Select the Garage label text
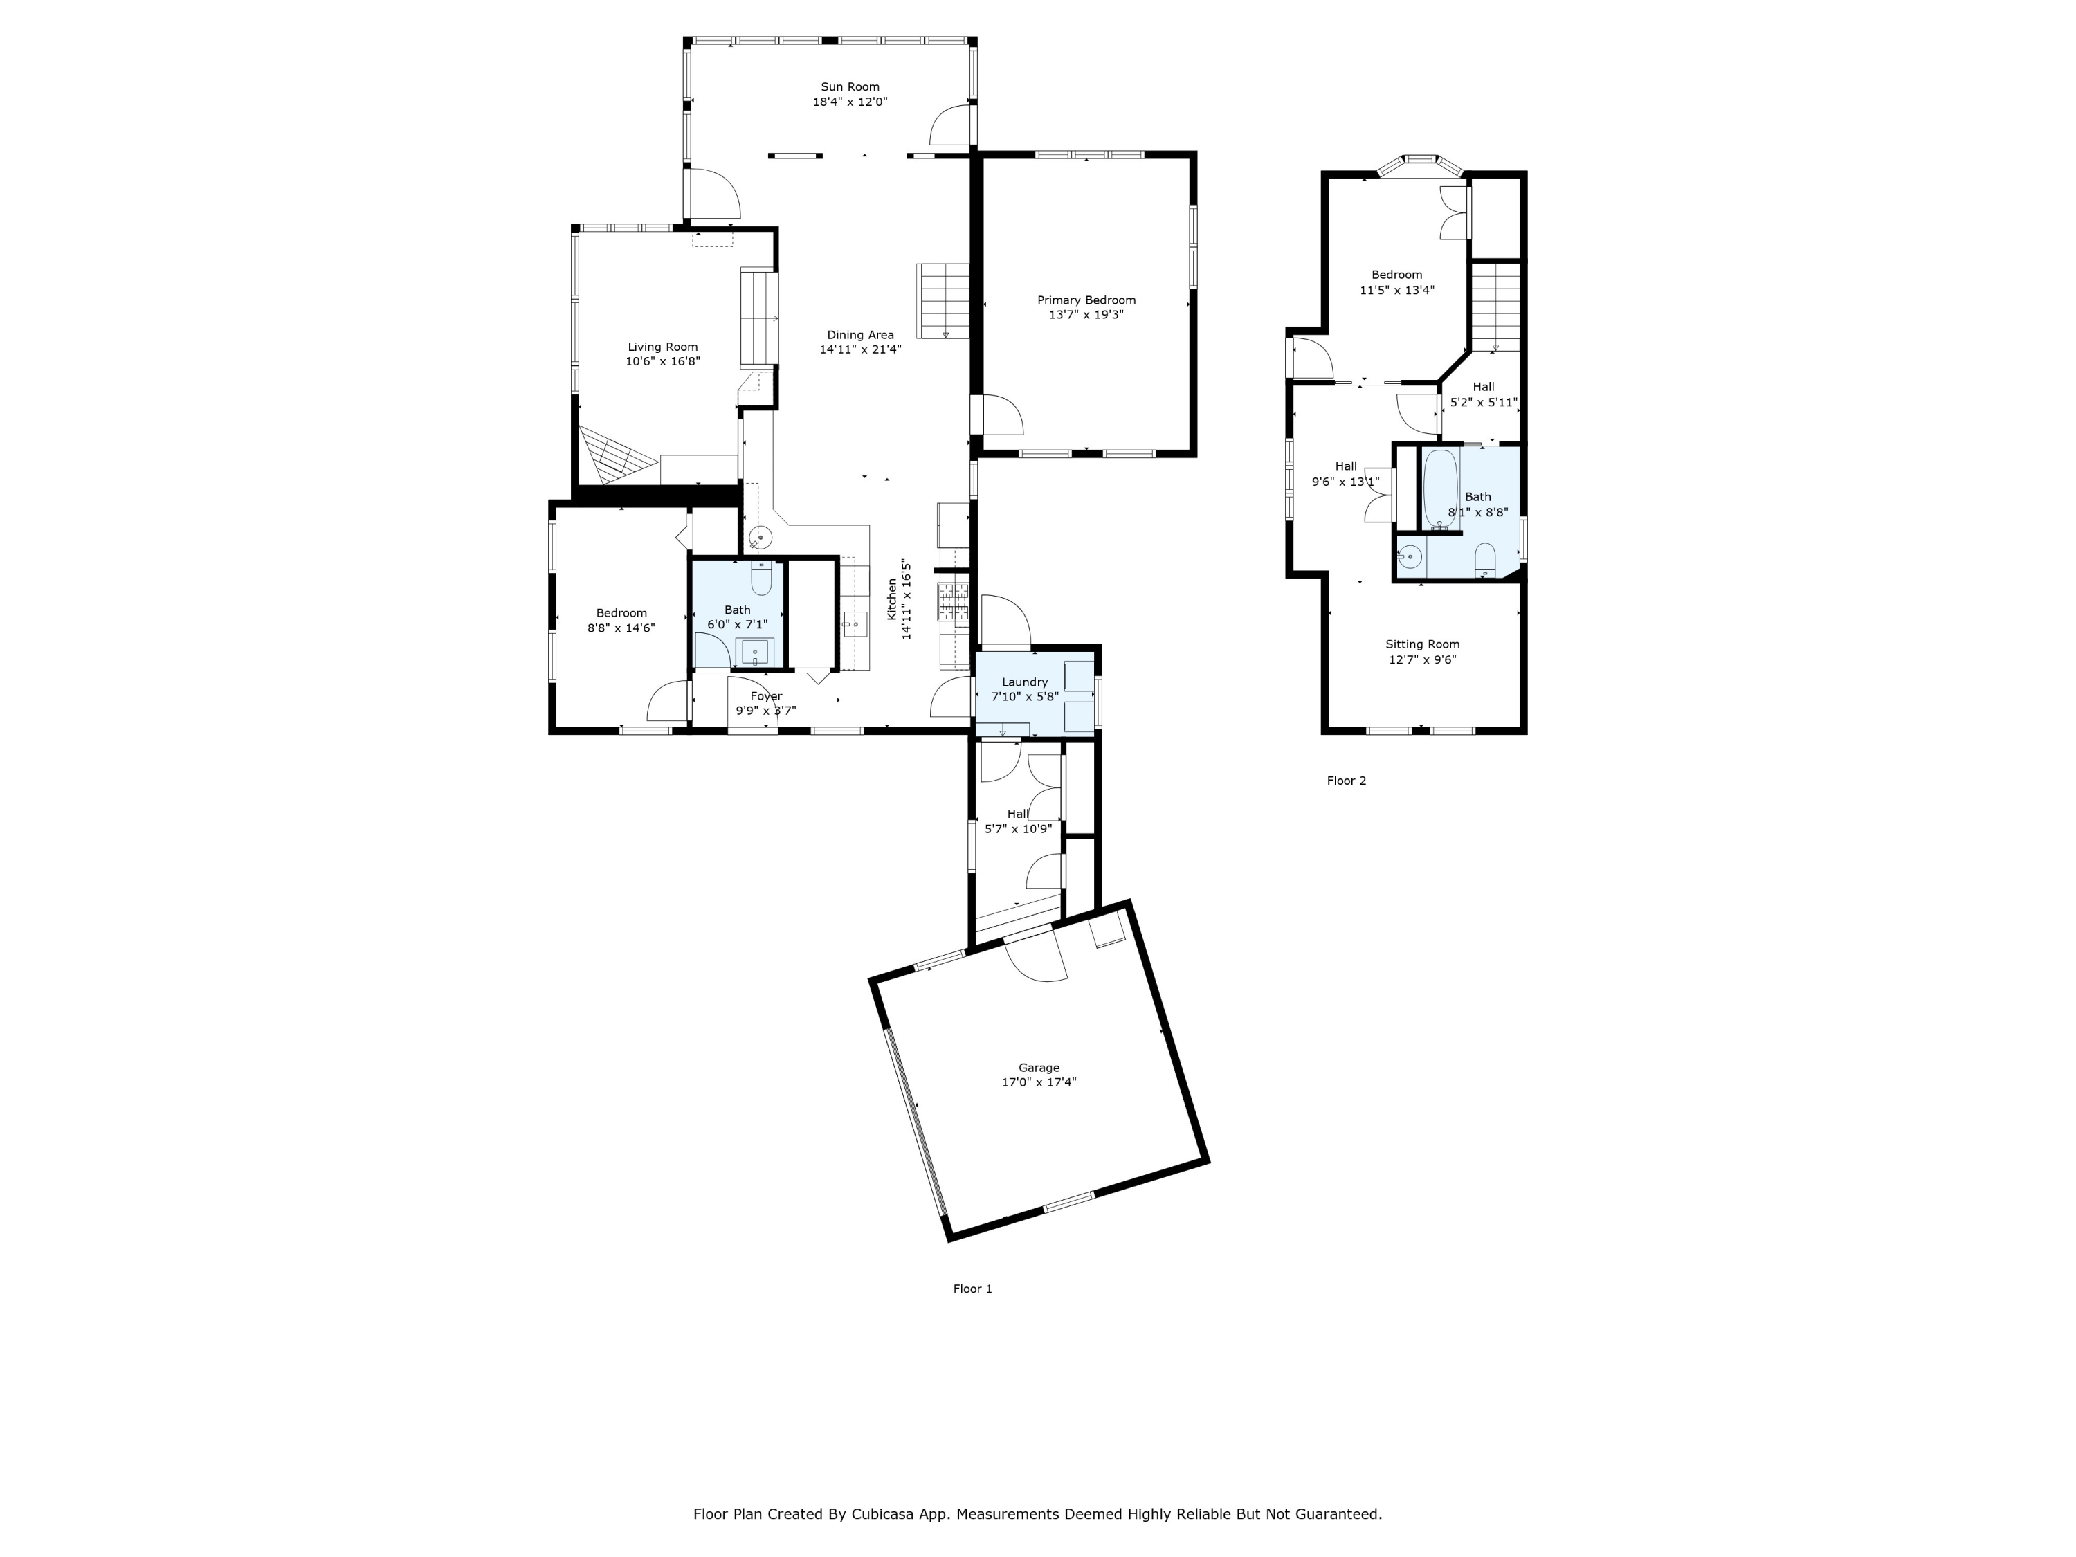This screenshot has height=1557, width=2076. point(1038,1067)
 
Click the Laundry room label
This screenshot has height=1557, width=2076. point(1024,682)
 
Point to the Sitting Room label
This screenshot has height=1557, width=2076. point(1422,644)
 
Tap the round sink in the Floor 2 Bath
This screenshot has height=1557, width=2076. point(1410,556)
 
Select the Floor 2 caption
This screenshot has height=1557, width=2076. point(1346,781)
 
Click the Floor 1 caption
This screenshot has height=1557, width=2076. point(972,1289)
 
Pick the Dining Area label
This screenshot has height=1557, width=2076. point(859,335)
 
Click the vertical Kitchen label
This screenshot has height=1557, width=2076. point(893,599)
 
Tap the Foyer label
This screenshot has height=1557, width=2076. point(766,696)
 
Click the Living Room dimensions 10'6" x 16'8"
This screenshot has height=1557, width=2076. point(663,361)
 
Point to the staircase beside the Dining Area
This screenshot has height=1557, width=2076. point(943,300)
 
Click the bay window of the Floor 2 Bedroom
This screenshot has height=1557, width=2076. point(1420,163)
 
